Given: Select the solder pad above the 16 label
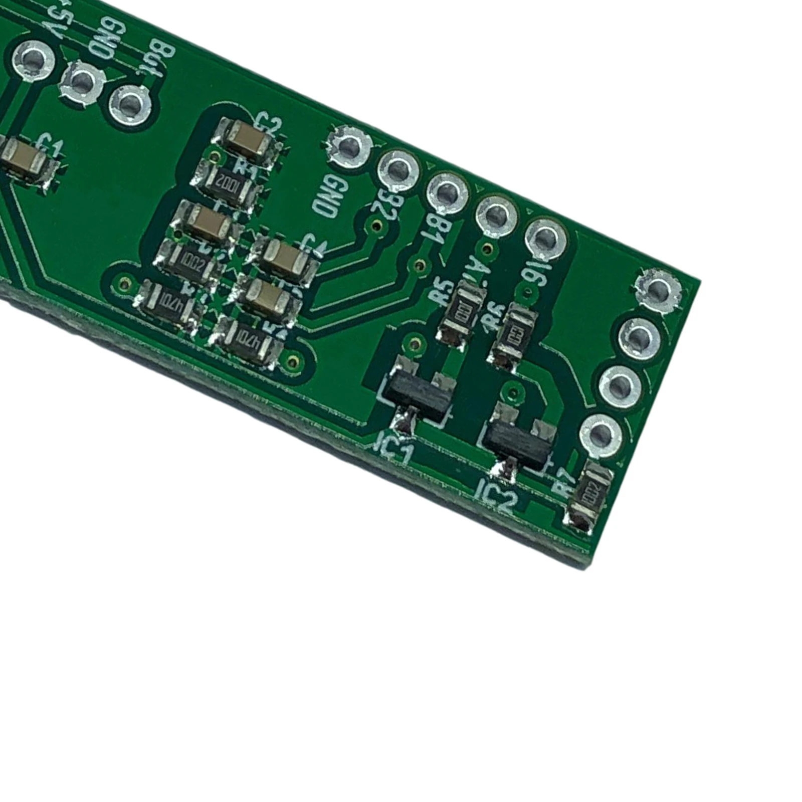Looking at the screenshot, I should tap(545, 238).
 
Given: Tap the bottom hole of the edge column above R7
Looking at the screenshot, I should tap(601, 435).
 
